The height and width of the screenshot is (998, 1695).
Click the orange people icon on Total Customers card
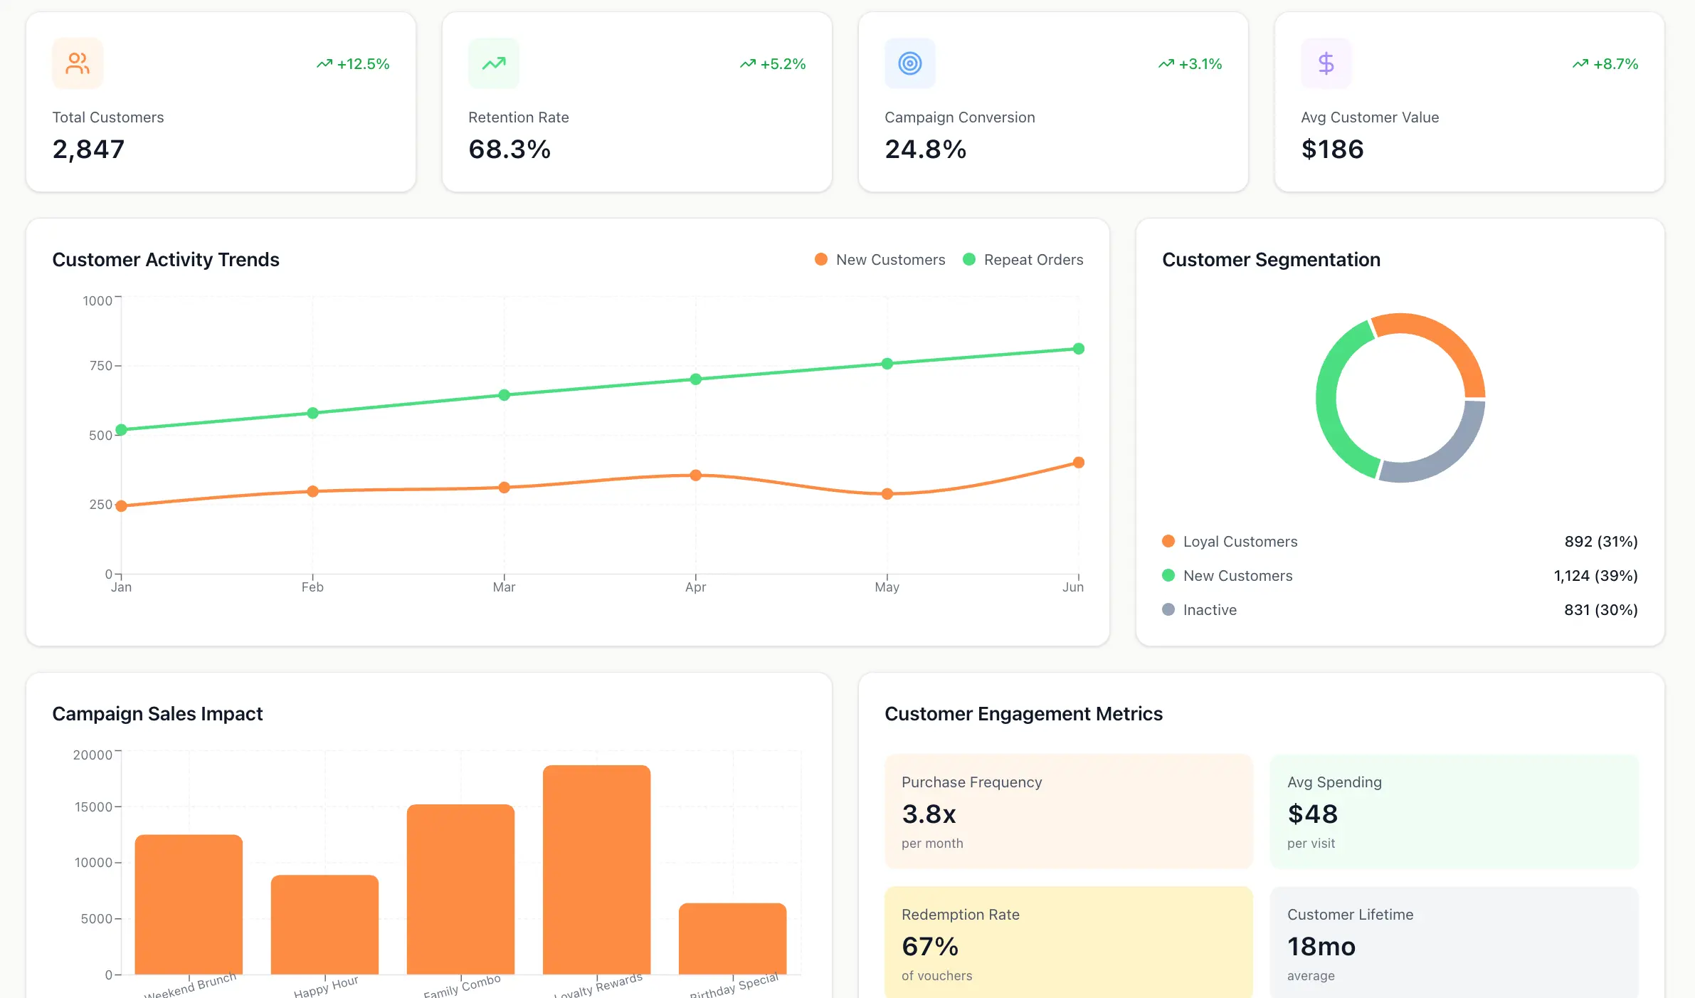78,63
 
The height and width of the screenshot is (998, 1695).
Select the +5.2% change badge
773,64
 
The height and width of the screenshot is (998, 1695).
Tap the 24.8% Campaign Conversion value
925,149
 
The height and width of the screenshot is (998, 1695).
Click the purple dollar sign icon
1326,63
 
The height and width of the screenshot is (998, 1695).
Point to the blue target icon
909,63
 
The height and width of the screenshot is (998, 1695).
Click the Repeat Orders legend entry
1023,260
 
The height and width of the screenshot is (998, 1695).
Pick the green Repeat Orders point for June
1078,349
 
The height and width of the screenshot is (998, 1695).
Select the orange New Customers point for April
696,475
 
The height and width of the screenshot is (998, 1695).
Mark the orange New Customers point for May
887,494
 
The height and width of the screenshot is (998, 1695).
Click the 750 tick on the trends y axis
100,366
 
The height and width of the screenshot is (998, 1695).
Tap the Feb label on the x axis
312,587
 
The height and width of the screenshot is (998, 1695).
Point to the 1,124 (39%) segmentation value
1595,576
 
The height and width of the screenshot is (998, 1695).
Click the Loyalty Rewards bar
596,868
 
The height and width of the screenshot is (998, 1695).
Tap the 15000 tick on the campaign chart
93,807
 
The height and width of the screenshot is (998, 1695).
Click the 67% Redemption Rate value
929,947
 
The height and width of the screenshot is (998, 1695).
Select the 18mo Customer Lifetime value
1321,947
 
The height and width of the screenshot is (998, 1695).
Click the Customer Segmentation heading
1271,260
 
